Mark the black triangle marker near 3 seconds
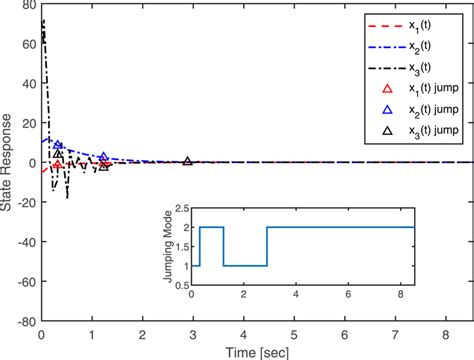pyautogui.click(x=188, y=161)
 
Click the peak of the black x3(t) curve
pyautogui.click(x=43, y=20)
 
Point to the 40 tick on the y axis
pyautogui.click(x=28, y=84)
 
